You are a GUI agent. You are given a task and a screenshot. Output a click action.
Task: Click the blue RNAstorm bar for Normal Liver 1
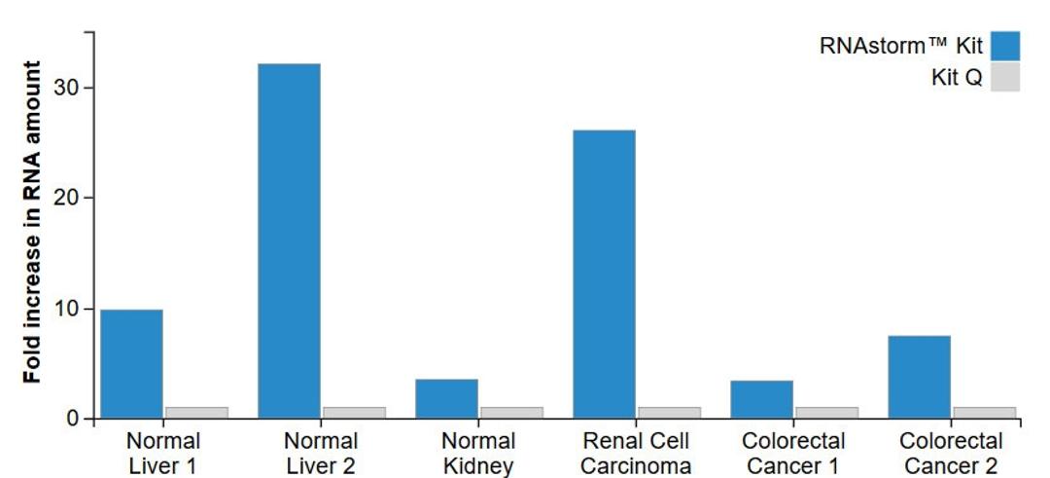[131, 364]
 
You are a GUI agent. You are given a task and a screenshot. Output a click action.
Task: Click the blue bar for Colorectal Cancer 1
[761, 400]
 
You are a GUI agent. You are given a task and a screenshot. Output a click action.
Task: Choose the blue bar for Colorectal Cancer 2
[919, 378]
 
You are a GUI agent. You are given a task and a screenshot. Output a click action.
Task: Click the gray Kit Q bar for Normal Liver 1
[196, 413]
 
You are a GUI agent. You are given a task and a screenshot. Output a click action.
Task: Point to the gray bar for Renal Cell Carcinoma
[669, 413]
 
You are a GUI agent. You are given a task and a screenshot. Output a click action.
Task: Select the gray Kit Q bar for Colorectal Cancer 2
[984, 413]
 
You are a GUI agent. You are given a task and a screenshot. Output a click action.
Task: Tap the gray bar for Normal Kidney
[511, 413]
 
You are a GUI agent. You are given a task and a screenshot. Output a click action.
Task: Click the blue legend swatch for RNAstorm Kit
[1005, 46]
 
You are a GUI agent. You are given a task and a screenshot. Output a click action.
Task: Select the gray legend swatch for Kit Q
[1005, 78]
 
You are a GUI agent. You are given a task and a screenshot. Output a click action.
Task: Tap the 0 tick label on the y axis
[76, 420]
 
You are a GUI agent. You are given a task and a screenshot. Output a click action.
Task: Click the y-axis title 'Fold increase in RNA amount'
[33, 222]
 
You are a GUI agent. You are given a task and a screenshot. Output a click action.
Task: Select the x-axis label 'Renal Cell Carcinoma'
[636, 454]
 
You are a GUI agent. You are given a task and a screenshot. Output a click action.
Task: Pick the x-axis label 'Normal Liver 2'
[321, 454]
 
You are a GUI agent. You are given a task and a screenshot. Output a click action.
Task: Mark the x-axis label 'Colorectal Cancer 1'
[793, 454]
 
